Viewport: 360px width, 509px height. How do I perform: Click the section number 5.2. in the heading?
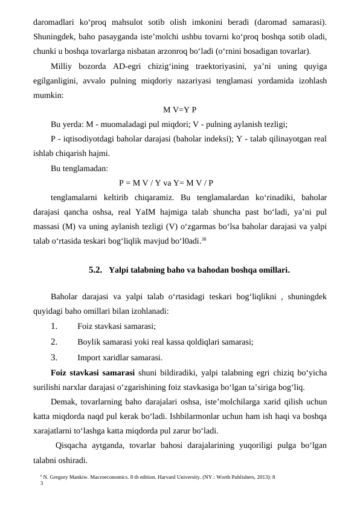coord(97,270)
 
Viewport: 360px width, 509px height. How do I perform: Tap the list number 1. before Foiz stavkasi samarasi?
coord(54,326)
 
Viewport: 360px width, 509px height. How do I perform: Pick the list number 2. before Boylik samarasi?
coord(54,342)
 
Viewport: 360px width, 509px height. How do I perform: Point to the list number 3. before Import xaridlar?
coord(54,357)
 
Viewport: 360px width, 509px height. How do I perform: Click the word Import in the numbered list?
coord(90,357)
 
